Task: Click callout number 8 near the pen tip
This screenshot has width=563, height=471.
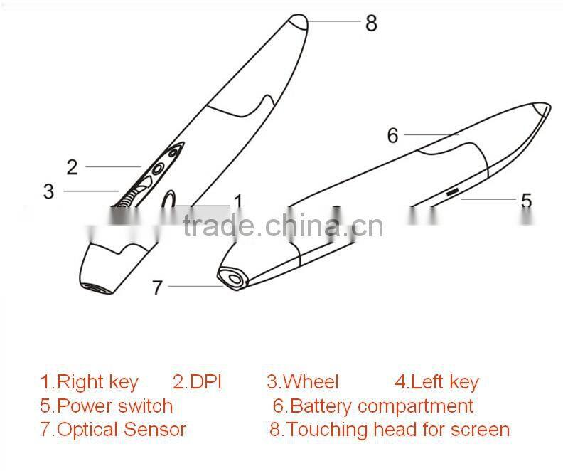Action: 370,23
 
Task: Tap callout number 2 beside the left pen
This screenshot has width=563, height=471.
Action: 72,167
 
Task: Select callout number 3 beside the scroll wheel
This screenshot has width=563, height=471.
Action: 48,191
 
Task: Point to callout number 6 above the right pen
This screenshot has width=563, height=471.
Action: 392,135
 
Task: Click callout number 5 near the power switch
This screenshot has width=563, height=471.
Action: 525,201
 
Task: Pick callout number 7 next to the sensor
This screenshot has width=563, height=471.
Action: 158,287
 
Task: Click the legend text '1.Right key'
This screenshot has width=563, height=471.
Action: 89,383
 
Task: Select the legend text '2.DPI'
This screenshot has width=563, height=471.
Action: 197,383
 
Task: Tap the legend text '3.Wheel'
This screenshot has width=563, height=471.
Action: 303,383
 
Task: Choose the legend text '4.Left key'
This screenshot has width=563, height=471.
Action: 436,383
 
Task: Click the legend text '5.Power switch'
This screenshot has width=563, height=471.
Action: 106,406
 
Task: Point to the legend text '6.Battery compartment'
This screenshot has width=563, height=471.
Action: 373,406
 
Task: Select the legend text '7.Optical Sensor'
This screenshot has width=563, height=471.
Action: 112,430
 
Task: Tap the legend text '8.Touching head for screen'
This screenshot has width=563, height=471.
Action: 390,430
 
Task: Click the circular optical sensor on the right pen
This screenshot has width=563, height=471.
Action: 232,279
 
